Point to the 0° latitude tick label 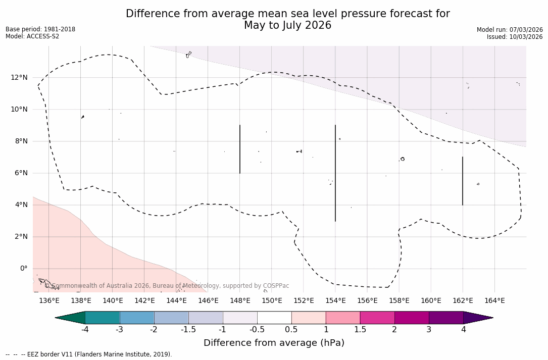click(23, 269)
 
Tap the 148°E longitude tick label click(240, 301)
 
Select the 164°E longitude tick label click(494, 301)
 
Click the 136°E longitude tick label click(49, 301)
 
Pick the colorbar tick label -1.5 click(188, 330)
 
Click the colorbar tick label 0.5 click(291, 330)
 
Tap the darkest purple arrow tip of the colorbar click(480, 318)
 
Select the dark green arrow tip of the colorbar click(69, 318)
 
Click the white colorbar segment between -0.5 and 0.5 click(274, 318)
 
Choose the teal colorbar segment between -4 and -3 click(103, 318)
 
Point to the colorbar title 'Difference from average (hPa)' click(274, 343)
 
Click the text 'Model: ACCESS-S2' click(32, 36)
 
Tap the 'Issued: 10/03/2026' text click(515, 37)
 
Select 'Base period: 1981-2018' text click(40, 29)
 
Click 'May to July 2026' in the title click(287, 25)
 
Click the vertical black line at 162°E click(463, 181)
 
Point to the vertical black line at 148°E click(240, 149)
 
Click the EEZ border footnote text click(89, 354)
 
